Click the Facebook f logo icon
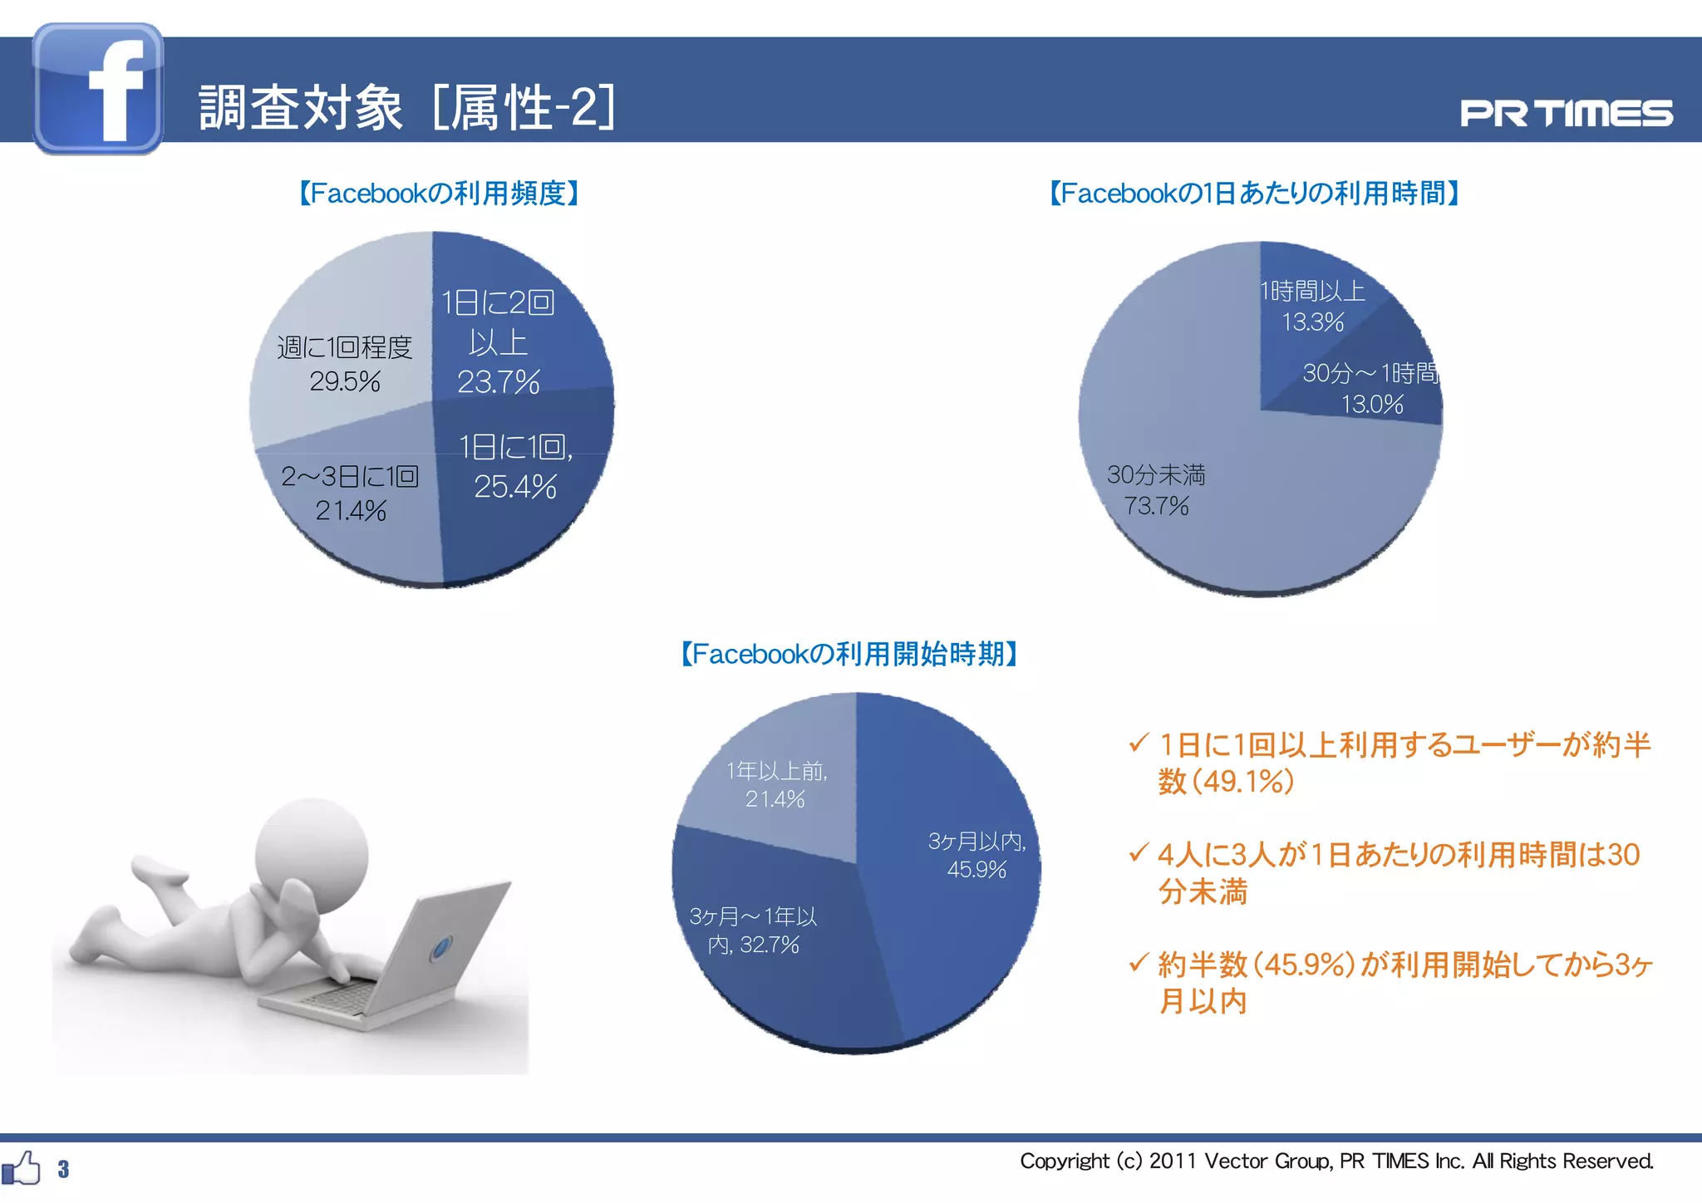tap(98, 88)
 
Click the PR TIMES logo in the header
tap(1566, 114)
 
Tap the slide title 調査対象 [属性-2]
tap(407, 108)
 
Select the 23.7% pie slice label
tap(498, 381)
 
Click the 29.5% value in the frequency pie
tap(345, 381)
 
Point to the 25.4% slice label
tap(515, 486)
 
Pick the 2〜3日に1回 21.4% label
tap(350, 493)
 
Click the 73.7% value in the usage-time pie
tap(1156, 505)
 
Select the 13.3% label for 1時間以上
tap(1312, 322)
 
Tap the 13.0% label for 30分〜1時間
tap(1372, 404)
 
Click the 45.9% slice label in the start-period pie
tap(976, 869)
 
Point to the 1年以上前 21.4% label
tap(775, 785)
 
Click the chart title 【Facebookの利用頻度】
tap(439, 194)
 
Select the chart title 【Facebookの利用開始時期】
tap(849, 654)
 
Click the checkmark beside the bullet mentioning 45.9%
tap(1138, 964)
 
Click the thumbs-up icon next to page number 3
tap(22, 1168)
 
